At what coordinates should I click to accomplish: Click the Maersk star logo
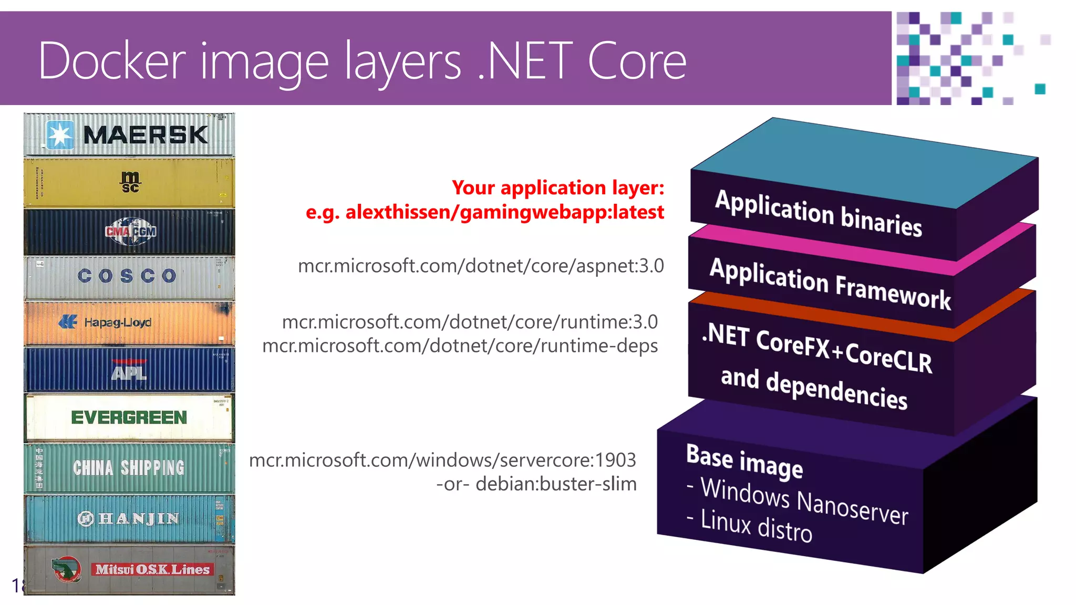click(x=60, y=135)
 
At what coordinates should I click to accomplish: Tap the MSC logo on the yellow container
click(x=130, y=182)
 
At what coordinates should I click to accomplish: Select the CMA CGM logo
click(x=130, y=232)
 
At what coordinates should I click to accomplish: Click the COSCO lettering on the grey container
click(x=127, y=276)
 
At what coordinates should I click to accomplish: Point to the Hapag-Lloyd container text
click(x=117, y=322)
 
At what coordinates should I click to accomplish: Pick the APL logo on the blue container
click(x=129, y=371)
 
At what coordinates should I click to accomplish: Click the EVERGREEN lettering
click(x=129, y=418)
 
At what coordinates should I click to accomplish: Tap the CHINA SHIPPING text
click(x=129, y=467)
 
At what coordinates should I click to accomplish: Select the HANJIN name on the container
click(x=138, y=519)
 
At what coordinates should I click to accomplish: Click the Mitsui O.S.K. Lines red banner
click(x=152, y=569)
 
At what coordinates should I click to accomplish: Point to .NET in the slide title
click(x=525, y=61)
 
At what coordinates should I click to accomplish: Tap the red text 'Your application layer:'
click(x=558, y=187)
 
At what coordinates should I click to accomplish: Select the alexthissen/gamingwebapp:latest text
click(x=504, y=212)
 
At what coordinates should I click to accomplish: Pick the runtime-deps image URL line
click(x=460, y=346)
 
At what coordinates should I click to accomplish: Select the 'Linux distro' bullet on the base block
click(x=756, y=526)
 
